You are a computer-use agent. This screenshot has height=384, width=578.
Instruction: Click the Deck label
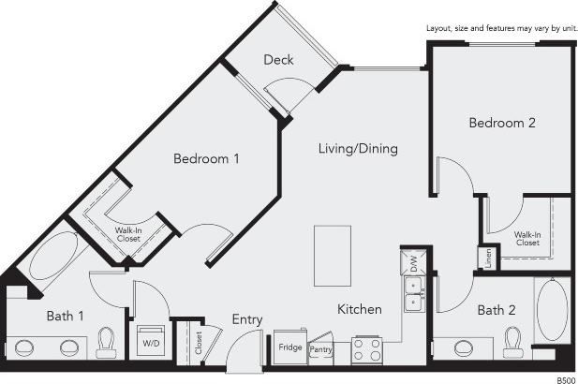278,60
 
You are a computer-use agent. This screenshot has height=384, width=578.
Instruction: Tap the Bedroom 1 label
206,159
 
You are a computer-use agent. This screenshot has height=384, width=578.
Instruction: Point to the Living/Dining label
358,148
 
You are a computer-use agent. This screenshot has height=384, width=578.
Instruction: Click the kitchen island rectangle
332,256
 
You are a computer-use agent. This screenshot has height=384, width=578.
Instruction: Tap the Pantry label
321,348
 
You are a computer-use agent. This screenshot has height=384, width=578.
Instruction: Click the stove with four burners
366,349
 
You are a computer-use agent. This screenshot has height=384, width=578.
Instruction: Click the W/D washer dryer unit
150,341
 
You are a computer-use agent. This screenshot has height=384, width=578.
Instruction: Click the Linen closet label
487,257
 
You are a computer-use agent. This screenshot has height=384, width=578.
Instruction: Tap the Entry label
247,319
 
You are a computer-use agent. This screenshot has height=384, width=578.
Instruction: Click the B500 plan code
566,379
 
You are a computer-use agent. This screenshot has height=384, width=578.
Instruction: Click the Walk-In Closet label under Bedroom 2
526,238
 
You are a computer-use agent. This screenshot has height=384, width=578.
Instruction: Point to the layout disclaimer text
501,30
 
